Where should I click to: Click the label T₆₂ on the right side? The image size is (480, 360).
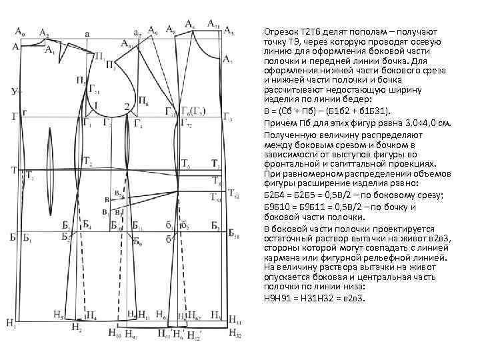pos(233,195)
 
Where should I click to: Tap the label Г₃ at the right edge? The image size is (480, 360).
pos(227,119)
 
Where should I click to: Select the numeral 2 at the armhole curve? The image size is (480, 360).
pos(127,107)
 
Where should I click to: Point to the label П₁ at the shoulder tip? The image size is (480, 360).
pos(99,55)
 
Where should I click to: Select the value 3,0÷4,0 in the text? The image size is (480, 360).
pos(407,123)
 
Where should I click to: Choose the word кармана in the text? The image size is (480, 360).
pos(281,257)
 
